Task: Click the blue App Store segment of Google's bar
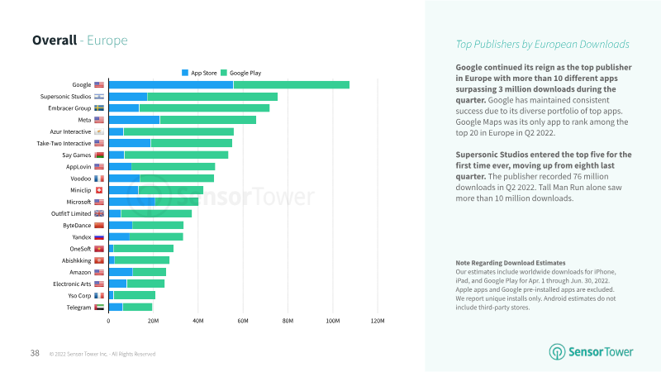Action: point(170,84)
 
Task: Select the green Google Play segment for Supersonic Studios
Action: point(212,97)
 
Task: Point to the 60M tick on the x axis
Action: point(243,321)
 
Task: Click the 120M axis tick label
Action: point(377,321)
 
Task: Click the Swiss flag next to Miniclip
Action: point(99,190)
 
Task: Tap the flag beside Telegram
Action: point(99,308)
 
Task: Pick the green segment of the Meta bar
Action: point(207,120)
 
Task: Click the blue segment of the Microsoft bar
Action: point(131,202)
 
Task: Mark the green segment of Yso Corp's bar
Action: point(134,295)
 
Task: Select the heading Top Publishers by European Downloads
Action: point(543,44)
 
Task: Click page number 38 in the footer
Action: point(35,353)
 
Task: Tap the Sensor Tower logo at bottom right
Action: point(592,351)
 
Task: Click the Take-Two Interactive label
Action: point(64,143)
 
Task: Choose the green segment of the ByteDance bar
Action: point(158,225)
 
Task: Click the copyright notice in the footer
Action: point(102,354)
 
